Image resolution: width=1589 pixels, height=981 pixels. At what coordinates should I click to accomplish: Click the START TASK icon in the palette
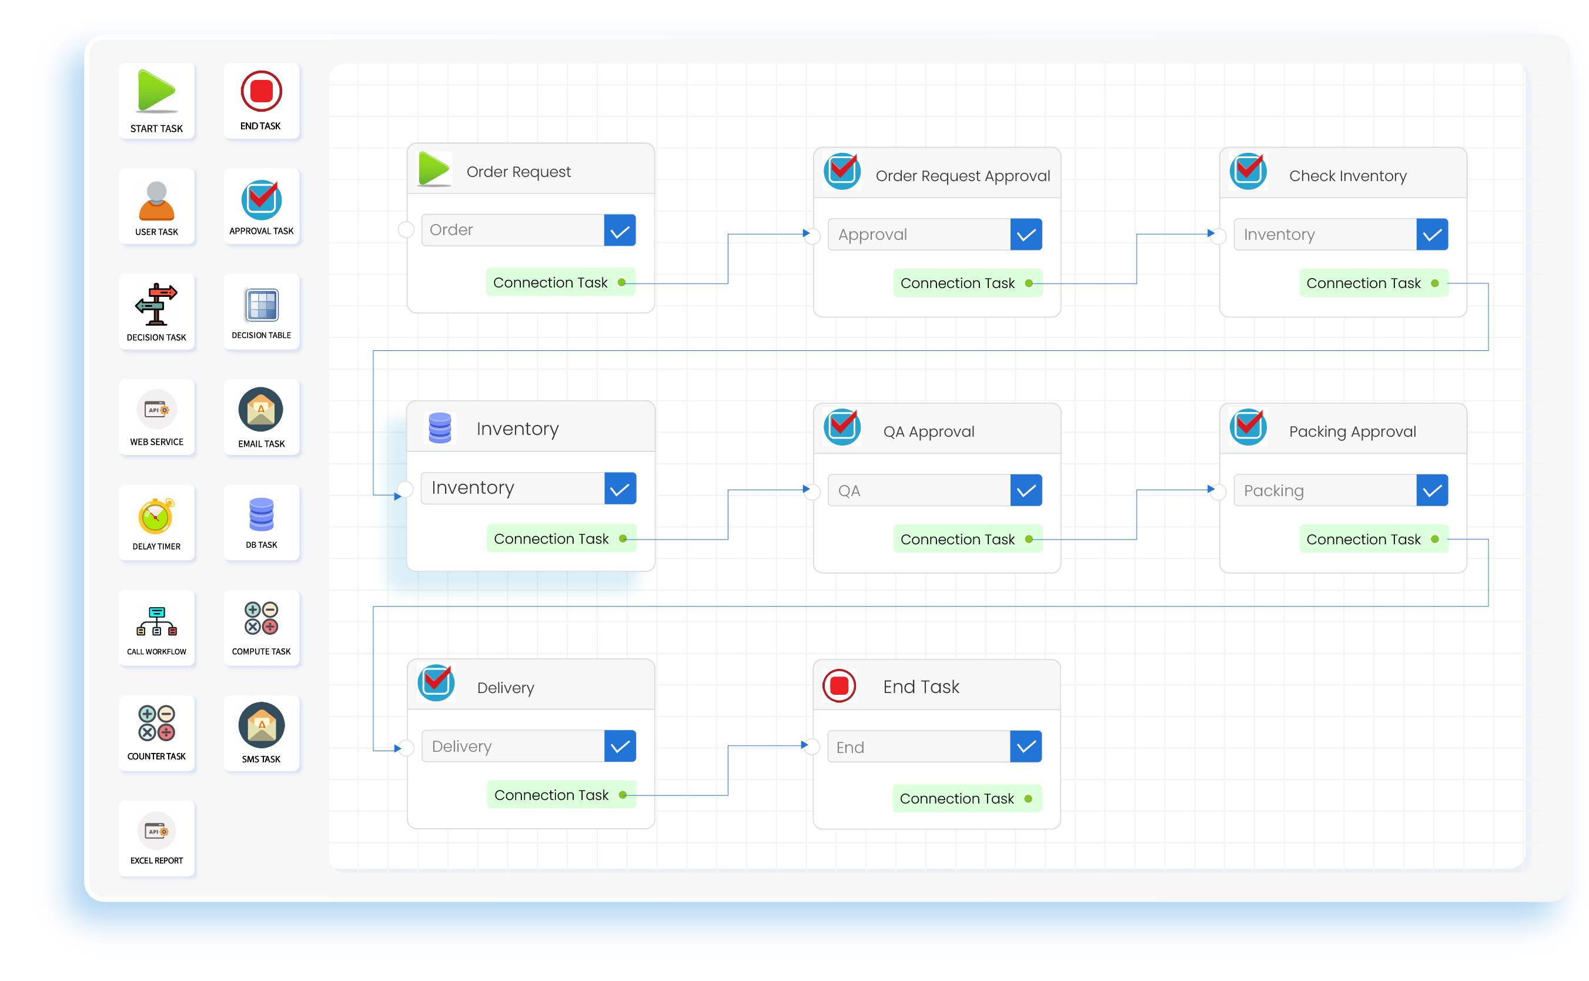pyautogui.click(x=156, y=92)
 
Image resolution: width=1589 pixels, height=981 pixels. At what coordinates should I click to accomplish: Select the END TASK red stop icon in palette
pyautogui.click(x=261, y=92)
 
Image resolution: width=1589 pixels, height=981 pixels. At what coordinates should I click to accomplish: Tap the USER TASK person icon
pyautogui.click(x=156, y=200)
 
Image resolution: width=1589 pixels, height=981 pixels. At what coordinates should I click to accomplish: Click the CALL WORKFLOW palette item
pyautogui.click(x=156, y=621)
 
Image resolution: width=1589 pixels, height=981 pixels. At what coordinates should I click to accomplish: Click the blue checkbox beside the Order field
pyautogui.click(x=619, y=230)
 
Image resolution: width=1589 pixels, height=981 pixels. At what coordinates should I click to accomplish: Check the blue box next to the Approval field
pyautogui.click(x=1025, y=235)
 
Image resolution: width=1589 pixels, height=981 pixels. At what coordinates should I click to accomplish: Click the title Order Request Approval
pyautogui.click(x=962, y=176)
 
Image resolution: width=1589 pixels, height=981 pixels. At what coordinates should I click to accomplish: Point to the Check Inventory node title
pyautogui.click(x=1347, y=176)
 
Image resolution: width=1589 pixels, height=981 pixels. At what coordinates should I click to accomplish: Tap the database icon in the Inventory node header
pyautogui.click(x=439, y=428)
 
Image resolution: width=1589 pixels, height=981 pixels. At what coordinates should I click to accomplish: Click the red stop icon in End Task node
pyautogui.click(x=839, y=686)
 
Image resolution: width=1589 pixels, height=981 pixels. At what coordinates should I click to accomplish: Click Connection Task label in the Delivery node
pyautogui.click(x=551, y=795)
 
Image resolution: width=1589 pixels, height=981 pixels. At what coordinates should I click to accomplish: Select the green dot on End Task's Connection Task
pyautogui.click(x=1028, y=799)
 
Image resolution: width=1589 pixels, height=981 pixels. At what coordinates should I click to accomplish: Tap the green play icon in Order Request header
pyautogui.click(x=433, y=169)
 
